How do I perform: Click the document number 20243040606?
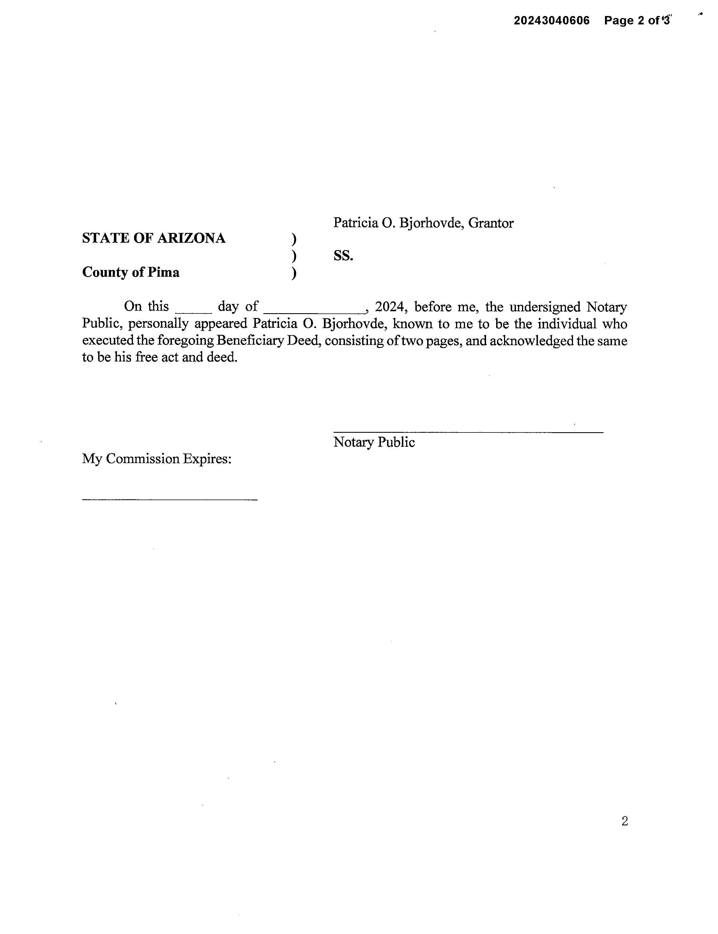point(551,20)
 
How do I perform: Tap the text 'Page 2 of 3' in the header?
point(637,20)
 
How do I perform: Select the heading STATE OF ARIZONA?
point(154,238)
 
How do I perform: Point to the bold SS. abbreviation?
point(343,256)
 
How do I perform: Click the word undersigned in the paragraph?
point(545,307)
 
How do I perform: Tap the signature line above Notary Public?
point(468,432)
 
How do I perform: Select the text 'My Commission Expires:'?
point(157,459)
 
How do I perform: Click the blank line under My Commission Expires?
point(170,499)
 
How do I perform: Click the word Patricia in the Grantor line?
point(356,223)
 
